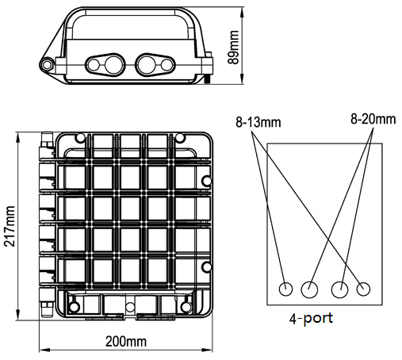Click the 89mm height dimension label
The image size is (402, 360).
pos(233,48)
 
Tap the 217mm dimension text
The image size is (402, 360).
pos(10,226)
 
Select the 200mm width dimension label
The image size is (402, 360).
pos(126,341)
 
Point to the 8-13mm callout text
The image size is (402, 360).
pos(258,122)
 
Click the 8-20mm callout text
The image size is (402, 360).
pos(373,119)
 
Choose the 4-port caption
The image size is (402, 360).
pos(311,318)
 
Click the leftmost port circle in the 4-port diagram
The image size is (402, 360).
pos(285,289)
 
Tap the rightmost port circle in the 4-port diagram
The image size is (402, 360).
pos(363,289)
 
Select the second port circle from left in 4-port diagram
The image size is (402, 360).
pos(309,289)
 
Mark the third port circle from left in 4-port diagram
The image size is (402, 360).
pos(340,289)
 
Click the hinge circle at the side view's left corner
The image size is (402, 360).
pos(47,64)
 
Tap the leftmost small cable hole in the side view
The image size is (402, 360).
pos(94,65)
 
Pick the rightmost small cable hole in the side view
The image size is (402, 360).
pos(167,65)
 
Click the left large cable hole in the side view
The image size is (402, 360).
pos(114,64)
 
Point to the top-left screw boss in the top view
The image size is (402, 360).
pos(79,138)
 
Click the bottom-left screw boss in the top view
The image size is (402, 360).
pos(74,307)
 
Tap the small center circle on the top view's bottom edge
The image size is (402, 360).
pos(130,307)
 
